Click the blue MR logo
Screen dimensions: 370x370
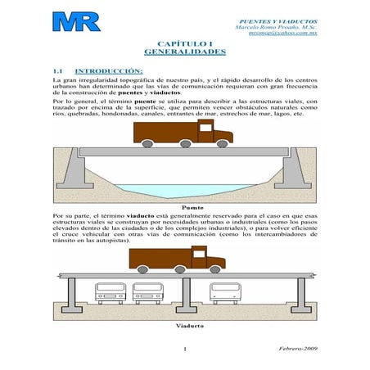click(75, 22)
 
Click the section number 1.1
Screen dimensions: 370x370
click(58, 71)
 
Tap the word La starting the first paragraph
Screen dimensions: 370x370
click(56, 81)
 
